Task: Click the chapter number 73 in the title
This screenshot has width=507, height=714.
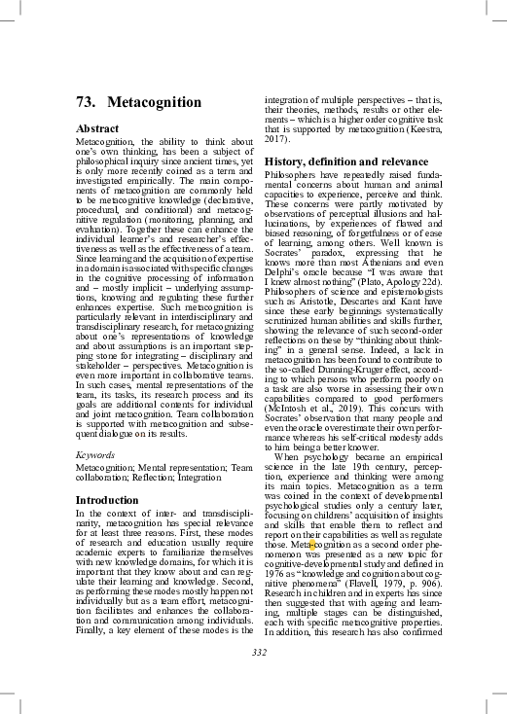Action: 86,102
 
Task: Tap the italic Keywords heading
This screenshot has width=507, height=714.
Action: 94,454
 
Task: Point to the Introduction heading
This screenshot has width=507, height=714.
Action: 107,500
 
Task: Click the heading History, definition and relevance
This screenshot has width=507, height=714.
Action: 346,161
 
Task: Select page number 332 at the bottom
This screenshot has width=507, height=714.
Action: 259,652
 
